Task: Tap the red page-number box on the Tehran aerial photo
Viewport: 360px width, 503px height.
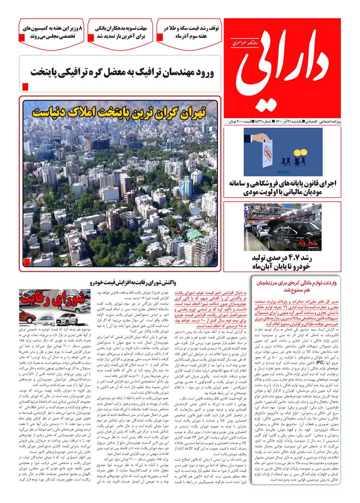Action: click(x=26, y=262)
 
